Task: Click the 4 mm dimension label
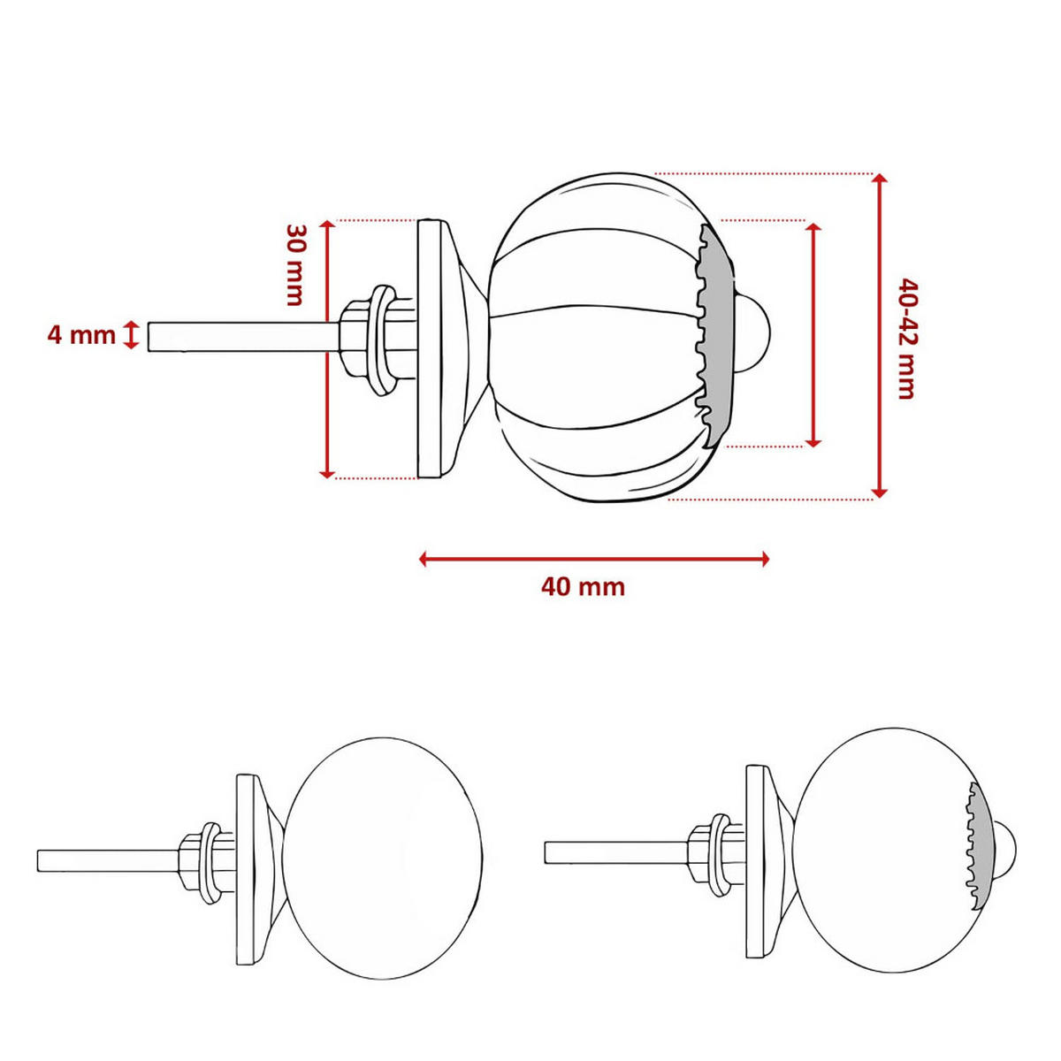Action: point(80,336)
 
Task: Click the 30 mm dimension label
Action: point(295,263)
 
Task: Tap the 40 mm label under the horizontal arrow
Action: point(583,587)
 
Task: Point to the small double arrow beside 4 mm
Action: point(132,335)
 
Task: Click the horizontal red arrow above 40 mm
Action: point(594,558)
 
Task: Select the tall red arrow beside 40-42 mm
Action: point(879,336)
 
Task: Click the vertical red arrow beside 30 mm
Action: point(327,348)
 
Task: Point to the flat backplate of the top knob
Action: point(430,348)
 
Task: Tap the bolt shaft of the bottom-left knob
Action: point(106,860)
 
